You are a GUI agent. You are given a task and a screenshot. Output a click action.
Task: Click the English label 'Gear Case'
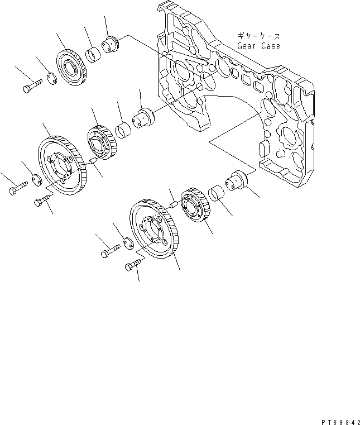pos(258,46)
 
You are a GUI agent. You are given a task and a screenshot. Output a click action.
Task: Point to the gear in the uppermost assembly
pos(71,69)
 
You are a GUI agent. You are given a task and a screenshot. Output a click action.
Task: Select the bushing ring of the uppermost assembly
pos(93,56)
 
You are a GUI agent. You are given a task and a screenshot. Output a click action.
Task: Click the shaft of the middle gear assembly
pos(145,117)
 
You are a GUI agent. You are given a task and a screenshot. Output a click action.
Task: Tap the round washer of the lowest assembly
pos(128,243)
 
